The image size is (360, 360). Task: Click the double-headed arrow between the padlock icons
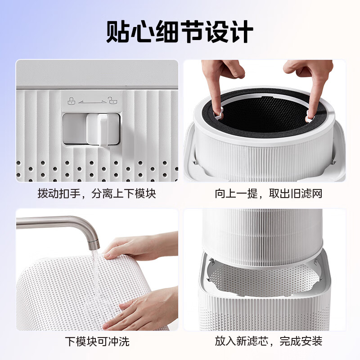point(91,102)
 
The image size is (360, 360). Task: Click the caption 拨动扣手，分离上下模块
point(97,194)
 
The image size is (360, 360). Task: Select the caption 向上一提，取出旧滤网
point(269,194)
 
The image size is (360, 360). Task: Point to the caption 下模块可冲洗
point(97,341)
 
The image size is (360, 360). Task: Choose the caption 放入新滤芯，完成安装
point(269,341)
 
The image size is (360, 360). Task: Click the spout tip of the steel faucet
point(93,245)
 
